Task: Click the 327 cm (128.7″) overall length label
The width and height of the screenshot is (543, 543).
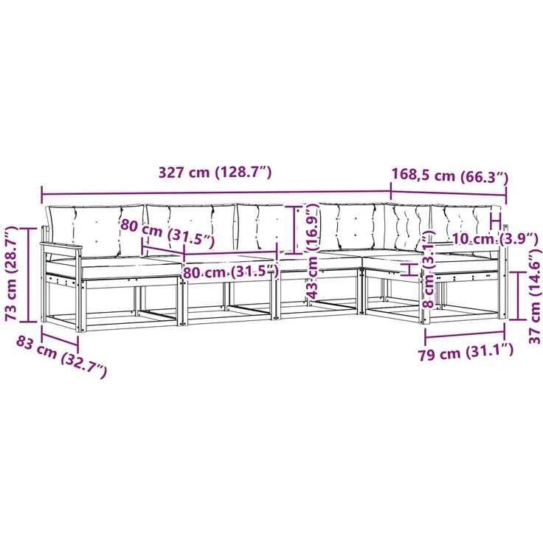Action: [215, 172]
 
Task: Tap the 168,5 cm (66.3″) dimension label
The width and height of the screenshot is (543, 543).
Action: [449, 176]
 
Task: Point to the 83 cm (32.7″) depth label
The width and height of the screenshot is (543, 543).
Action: [61, 361]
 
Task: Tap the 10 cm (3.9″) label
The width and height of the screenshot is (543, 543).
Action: [495, 238]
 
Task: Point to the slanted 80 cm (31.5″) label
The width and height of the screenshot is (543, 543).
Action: [167, 233]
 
